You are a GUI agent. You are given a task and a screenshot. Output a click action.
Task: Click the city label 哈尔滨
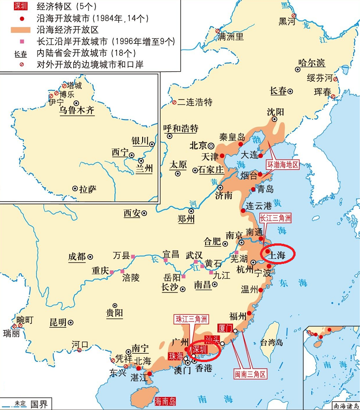tap(312, 63)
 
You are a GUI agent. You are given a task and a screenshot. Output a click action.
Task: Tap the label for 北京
tap(198, 146)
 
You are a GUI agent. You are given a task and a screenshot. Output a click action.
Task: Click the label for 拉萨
tap(88, 189)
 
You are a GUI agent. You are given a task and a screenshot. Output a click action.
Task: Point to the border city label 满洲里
tap(231, 37)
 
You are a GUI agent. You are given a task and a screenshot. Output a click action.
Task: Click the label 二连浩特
tap(195, 102)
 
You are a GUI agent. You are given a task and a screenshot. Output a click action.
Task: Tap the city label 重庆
tap(100, 270)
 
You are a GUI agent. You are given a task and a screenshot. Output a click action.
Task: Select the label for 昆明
tap(58, 322)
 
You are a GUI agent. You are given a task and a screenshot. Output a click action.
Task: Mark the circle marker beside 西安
tap(144, 213)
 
